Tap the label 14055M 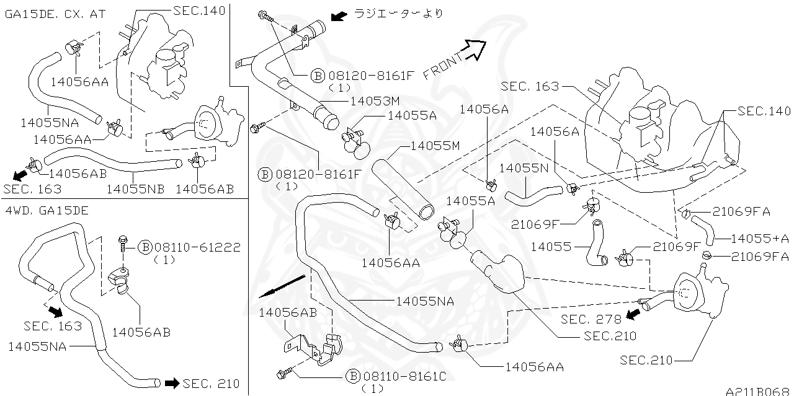click(435, 146)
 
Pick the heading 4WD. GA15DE click(47, 210)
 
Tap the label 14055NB click(135, 188)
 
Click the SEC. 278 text click(591, 319)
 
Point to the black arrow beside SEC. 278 click(633, 315)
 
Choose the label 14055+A click(759, 238)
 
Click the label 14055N click(524, 168)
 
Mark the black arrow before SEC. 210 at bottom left click(171, 383)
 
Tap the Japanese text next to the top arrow click(398, 14)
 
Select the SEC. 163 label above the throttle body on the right click(530, 87)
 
